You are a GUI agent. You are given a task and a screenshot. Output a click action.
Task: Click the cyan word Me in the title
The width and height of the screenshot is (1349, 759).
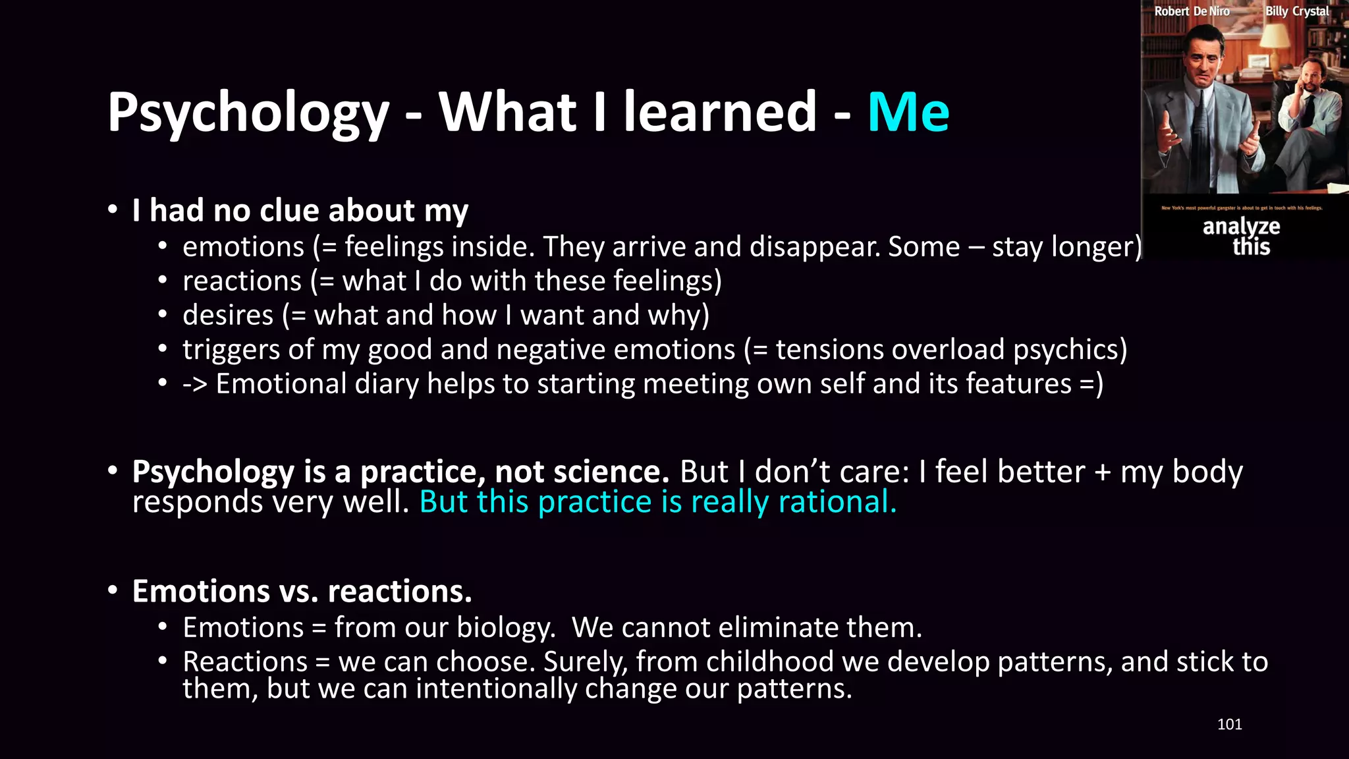click(x=908, y=112)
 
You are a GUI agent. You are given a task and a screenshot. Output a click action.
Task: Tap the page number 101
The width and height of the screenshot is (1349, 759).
click(x=1229, y=724)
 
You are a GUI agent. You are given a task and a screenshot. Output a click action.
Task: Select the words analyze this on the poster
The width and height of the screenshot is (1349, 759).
click(x=1242, y=237)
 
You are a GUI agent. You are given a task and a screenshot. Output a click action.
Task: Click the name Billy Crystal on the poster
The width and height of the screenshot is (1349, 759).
click(x=1296, y=11)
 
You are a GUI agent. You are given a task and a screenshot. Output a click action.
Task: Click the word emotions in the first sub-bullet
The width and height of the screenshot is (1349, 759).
click(x=243, y=247)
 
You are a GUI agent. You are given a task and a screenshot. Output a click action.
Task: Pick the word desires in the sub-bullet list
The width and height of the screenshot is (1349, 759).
click(x=227, y=315)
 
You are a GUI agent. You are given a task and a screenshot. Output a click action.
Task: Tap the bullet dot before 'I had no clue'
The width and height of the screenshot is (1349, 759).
click(x=113, y=210)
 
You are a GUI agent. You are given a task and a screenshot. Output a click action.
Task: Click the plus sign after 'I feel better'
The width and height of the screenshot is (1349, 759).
click(x=1102, y=473)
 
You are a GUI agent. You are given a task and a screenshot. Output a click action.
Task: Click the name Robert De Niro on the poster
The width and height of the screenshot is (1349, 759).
click(x=1192, y=11)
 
